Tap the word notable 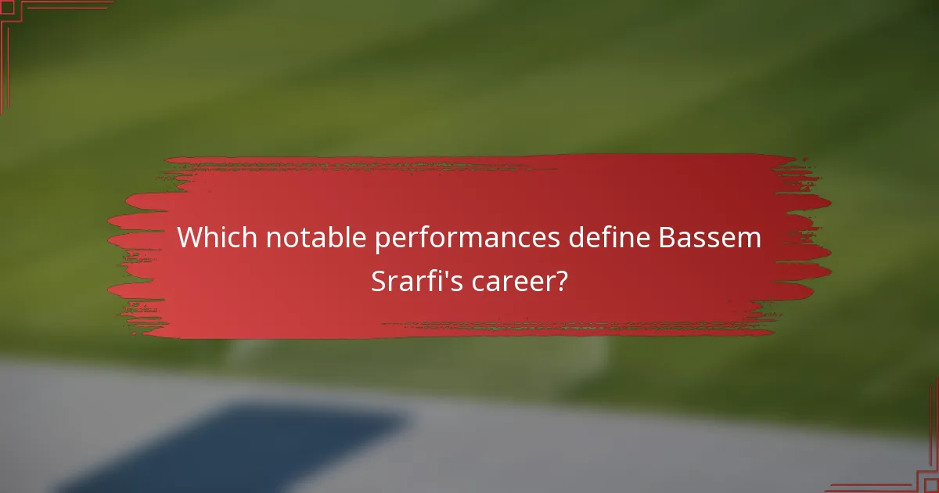tap(318, 238)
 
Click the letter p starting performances tap(382, 241)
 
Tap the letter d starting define tap(577, 238)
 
